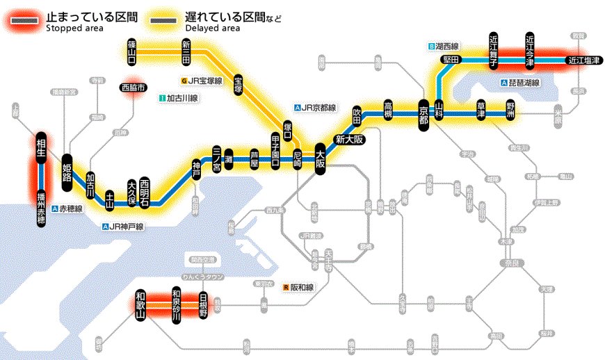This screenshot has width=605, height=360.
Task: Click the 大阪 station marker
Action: [320, 159]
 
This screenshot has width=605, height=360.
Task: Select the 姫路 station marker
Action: [67, 167]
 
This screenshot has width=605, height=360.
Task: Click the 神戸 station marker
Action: [195, 168]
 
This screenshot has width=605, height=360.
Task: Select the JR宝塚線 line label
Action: [204, 81]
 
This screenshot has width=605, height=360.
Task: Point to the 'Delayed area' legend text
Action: [212, 28]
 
